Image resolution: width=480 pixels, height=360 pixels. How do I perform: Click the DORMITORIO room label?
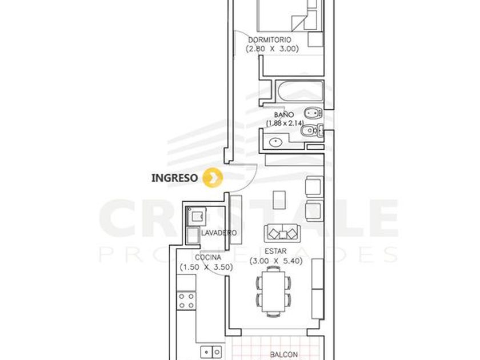269,40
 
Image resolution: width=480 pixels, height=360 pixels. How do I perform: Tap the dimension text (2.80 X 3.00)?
272,49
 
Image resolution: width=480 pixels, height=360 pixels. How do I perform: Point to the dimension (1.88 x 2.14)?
285,123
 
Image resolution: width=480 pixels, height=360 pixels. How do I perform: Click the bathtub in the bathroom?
299,91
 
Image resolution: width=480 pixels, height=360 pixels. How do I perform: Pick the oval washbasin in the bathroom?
276,142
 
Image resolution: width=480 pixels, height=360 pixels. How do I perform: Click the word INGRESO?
175,178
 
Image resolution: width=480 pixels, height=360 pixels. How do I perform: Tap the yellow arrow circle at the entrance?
213,177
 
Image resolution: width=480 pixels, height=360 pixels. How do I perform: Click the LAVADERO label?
219,233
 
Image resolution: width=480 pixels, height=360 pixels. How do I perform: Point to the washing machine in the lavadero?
196,216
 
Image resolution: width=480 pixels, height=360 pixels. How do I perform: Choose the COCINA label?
208,258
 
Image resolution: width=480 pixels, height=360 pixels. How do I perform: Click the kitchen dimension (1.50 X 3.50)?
206,267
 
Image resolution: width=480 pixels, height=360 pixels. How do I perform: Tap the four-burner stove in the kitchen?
186,301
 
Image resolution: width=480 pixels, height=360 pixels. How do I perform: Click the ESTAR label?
275,251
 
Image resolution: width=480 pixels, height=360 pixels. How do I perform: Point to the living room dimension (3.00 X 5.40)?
276,261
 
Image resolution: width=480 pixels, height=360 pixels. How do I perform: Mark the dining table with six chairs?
273,291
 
